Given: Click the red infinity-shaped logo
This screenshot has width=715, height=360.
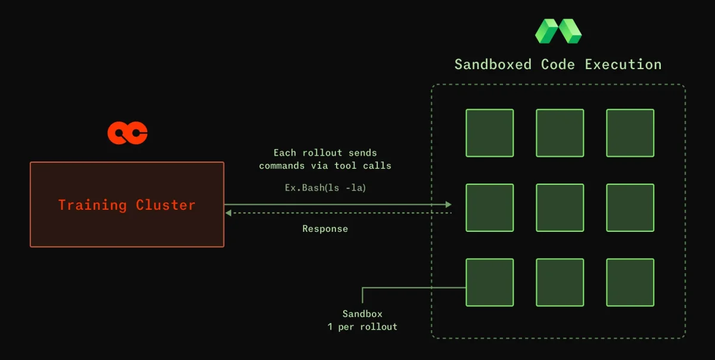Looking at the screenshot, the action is coord(128,133).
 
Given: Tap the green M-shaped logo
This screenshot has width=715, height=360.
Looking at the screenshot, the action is coord(558,31).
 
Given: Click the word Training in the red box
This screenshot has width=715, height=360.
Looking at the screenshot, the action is coord(92,205).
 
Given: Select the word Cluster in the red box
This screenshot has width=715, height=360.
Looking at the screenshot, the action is coord(166,205).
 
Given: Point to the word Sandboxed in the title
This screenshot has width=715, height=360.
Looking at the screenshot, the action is coord(493,64).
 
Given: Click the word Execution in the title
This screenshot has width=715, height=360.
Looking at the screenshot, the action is coord(623,64).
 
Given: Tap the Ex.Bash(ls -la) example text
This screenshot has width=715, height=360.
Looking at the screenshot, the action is coord(325,188).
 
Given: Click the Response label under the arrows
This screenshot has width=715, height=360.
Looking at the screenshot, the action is coord(325,229).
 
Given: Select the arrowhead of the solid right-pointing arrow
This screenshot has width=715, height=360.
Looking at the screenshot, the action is coord(449,204).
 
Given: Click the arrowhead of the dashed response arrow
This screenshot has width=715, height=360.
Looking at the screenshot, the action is coord(228,213).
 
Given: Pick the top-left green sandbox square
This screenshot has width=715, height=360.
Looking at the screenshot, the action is coord(490,133).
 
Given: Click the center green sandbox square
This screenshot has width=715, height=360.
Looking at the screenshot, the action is coord(560,207).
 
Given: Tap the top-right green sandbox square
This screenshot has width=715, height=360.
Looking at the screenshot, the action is coord(630,133).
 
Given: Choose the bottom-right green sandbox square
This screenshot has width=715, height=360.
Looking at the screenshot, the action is coord(630,283).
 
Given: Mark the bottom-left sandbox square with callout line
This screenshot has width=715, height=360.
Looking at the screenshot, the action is coord(490,283).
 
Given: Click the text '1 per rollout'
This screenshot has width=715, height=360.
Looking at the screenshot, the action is coord(362,327).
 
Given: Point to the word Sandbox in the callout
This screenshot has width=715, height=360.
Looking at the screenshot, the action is coord(362,314).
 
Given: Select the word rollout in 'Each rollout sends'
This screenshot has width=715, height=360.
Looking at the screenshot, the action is coord(322,153).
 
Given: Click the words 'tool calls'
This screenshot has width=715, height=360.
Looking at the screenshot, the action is coord(363,166).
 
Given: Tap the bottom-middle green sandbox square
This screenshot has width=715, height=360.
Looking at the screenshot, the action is coord(560,283).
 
